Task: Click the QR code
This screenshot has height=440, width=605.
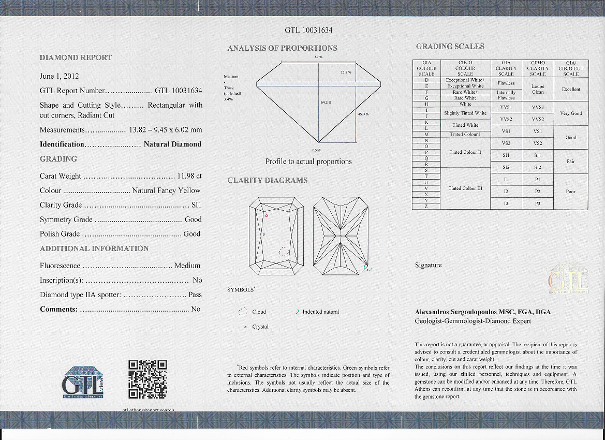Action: [x=147, y=379]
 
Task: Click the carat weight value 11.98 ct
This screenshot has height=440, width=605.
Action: [x=189, y=176]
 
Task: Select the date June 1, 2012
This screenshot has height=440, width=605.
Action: [x=59, y=76]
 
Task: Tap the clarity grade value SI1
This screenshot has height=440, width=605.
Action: [x=196, y=205]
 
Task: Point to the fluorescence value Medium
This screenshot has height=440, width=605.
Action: [x=187, y=266]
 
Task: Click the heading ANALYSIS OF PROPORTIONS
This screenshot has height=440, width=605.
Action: [x=282, y=48]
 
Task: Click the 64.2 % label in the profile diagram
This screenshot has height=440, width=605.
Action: [x=326, y=102]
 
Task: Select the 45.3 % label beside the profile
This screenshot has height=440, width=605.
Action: [x=363, y=114]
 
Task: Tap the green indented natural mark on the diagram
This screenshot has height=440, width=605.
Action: [x=368, y=268]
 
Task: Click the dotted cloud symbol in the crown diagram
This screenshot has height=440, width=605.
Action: [x=284, y=252]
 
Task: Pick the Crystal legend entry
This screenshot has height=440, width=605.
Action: [x=260, y=327]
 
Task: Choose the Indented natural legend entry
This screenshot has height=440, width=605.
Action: [x=320, y=312]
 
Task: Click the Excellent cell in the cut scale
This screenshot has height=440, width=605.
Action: [x=571, y=89]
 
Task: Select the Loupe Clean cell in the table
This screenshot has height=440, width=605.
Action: [x=537, y=89]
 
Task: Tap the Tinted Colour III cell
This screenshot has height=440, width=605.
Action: [x=465, y=188]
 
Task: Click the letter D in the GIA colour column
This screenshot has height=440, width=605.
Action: [x=426, y=80]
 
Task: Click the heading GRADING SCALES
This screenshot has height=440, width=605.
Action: [x=450, y=47]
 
